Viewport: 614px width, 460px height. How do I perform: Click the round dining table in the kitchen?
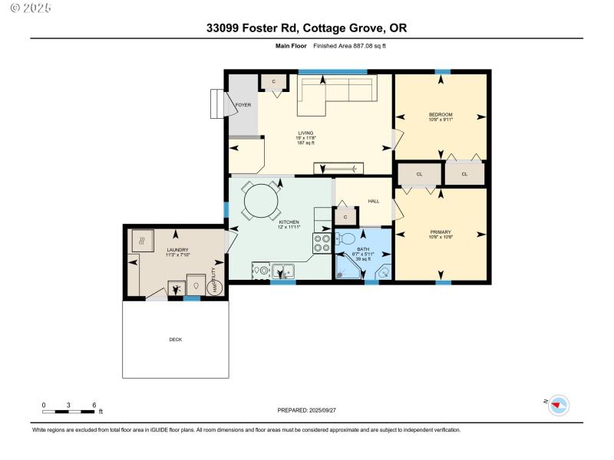262,202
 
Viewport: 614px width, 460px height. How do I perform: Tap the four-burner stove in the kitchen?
321,243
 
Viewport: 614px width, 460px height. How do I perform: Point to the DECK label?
176,339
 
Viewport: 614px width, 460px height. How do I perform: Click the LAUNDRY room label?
177,250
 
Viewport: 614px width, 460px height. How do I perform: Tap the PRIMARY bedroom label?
440,232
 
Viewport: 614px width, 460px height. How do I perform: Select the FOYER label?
243,104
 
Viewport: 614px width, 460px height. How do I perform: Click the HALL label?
373,201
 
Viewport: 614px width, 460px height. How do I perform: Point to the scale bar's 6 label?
94,404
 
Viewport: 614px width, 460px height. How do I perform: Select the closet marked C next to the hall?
345,216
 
